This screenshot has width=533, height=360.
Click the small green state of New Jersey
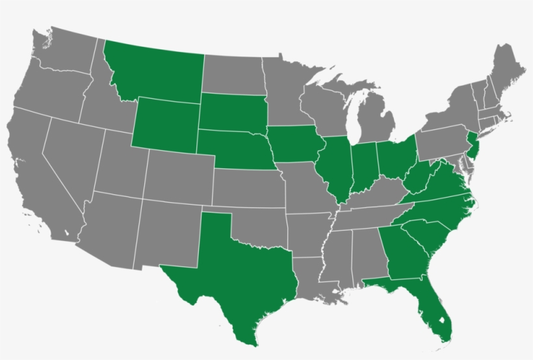point(473,147)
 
